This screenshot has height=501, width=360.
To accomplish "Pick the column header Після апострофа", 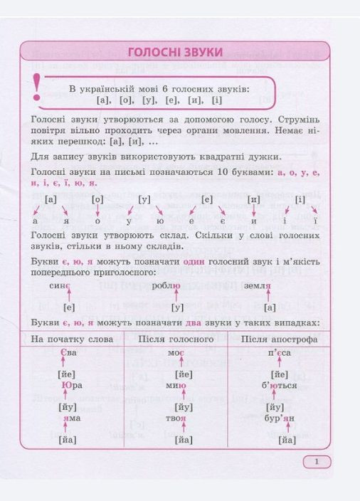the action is [x=279, y=339].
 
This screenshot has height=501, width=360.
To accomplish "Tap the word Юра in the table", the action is [x=72, y=386].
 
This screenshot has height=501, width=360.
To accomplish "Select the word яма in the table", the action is [x=72, y=418].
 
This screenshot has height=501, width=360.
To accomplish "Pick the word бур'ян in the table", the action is [x=278, y=418].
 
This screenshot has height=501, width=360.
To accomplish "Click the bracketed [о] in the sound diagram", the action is [x=98, y=199].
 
